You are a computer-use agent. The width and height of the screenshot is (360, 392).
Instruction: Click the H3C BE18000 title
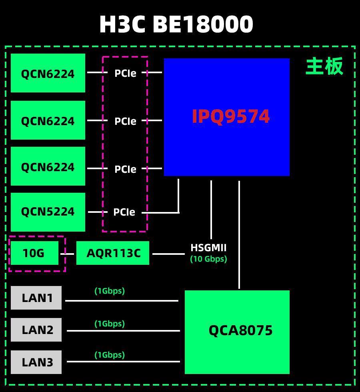pyautogui.click(x=176, y=24)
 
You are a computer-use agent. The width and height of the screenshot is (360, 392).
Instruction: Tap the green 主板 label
pyautogui.click(x=324, y=66)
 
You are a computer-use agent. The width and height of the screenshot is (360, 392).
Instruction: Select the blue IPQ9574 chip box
pyautogui.click(x=227, y=117)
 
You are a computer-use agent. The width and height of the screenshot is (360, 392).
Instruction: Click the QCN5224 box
pyautogui.click(x=48, y=212)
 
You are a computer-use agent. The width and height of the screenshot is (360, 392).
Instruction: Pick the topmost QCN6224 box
pyautogui.click(x=48, y=73)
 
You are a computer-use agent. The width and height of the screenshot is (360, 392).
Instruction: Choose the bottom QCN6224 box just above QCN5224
pyautogui.click(x=48, y=166)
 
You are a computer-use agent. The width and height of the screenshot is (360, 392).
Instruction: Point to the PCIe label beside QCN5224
pyautogui.click(x=124, y=212)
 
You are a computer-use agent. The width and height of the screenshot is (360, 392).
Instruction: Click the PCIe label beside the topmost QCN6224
pyautogui.click(x=125, y=73)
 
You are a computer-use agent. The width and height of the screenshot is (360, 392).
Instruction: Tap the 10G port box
pyautogui.click(x=34, y=253)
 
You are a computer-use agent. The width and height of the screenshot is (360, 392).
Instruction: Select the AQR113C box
pyautogui.click(x=113, y=253)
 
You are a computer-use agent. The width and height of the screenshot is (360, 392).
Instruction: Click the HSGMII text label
pyautogui.click(x=208, y=248)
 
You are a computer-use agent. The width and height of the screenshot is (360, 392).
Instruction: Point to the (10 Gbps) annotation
pyautogui.click(x=208, y=259)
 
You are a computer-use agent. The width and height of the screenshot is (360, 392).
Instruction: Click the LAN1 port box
pyautogui.click(x=36, y=298)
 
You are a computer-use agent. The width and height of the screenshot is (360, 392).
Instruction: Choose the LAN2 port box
pyautogui.click(x=36, y=330)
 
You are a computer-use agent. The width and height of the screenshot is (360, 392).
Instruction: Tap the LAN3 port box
pyautogui.click(x=36, y=362)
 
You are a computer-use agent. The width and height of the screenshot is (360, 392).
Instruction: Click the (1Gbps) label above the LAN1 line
pyautogui.click(x=110, y=291)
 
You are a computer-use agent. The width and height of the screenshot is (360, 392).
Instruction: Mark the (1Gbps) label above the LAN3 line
pyautogui.click(x=110, y=355)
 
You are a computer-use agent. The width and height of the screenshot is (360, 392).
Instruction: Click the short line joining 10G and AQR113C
pyautogui.click(x=67, y=254)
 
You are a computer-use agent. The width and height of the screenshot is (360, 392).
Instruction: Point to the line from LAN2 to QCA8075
pyautogui.click(x=123, y=331)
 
